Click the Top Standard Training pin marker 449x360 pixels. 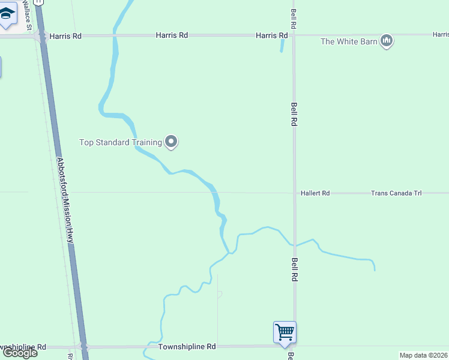click(x=171, y=142)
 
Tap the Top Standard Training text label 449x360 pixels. click(x=121, y=143)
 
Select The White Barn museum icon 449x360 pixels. click(x=387, y=41)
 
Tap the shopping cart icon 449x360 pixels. click(x=285, y=331)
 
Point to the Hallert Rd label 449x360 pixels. click(x=315, y=193)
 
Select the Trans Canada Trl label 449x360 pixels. click(x=396, y=193)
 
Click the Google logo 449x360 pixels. click(x=20, y=353)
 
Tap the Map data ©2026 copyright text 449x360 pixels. click(x=423, y=355)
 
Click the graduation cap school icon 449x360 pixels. click(x=7, y=17)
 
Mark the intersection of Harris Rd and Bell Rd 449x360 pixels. click(x=294, y=35)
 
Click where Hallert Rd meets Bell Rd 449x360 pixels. click(x=294, y=193)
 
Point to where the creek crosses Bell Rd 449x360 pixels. click(x=294, y=245)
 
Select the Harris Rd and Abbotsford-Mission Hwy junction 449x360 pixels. click(x=41, y=36)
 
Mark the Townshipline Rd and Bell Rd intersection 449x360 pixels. click(x=294, y=346)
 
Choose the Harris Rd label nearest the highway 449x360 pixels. click(x=65, y=36)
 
